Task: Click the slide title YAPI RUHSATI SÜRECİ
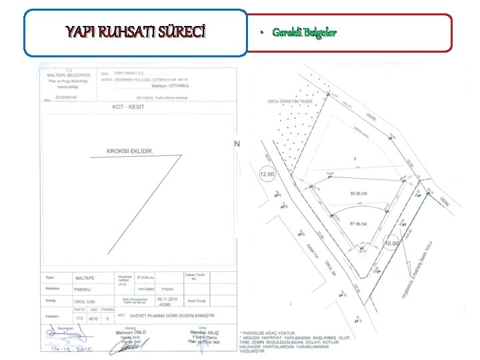[135, 31]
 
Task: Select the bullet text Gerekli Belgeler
[304, 33]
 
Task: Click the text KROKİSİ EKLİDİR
[130, 151]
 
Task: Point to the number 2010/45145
[66, 97]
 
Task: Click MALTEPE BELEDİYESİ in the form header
[65, 75]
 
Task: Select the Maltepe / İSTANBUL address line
[171, 86]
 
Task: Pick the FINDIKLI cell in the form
[83, 289]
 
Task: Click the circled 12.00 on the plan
[267, 175]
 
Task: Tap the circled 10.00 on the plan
[392, 243]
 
